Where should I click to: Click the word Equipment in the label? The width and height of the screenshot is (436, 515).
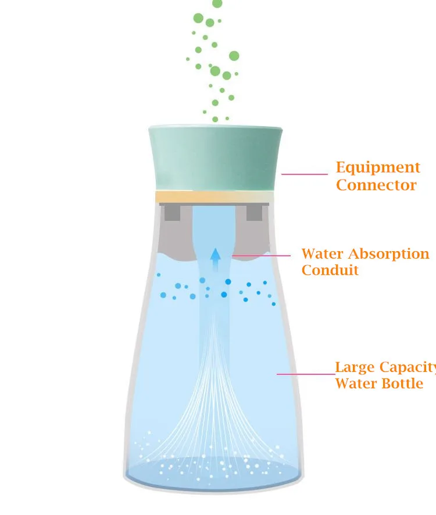[378, 168]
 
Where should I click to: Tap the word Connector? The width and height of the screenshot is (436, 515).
[376, 185]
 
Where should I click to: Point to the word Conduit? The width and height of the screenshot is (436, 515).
[330, 270]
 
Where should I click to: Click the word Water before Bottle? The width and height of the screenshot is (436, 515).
[355, 384]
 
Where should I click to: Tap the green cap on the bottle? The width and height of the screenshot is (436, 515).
[215, 157]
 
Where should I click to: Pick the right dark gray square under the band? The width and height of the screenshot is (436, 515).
[255, 213]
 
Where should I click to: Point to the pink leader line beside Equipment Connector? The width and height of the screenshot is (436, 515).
[305, 174]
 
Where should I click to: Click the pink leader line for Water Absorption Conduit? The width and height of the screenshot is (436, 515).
[262, 255]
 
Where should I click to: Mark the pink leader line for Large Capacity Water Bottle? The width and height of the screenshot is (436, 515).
[306, 374]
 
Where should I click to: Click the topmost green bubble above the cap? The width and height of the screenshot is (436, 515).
[217, 3]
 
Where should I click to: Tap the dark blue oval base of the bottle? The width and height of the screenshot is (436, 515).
[213, 474]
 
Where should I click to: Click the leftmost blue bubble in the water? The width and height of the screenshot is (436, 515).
[159, 275]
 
